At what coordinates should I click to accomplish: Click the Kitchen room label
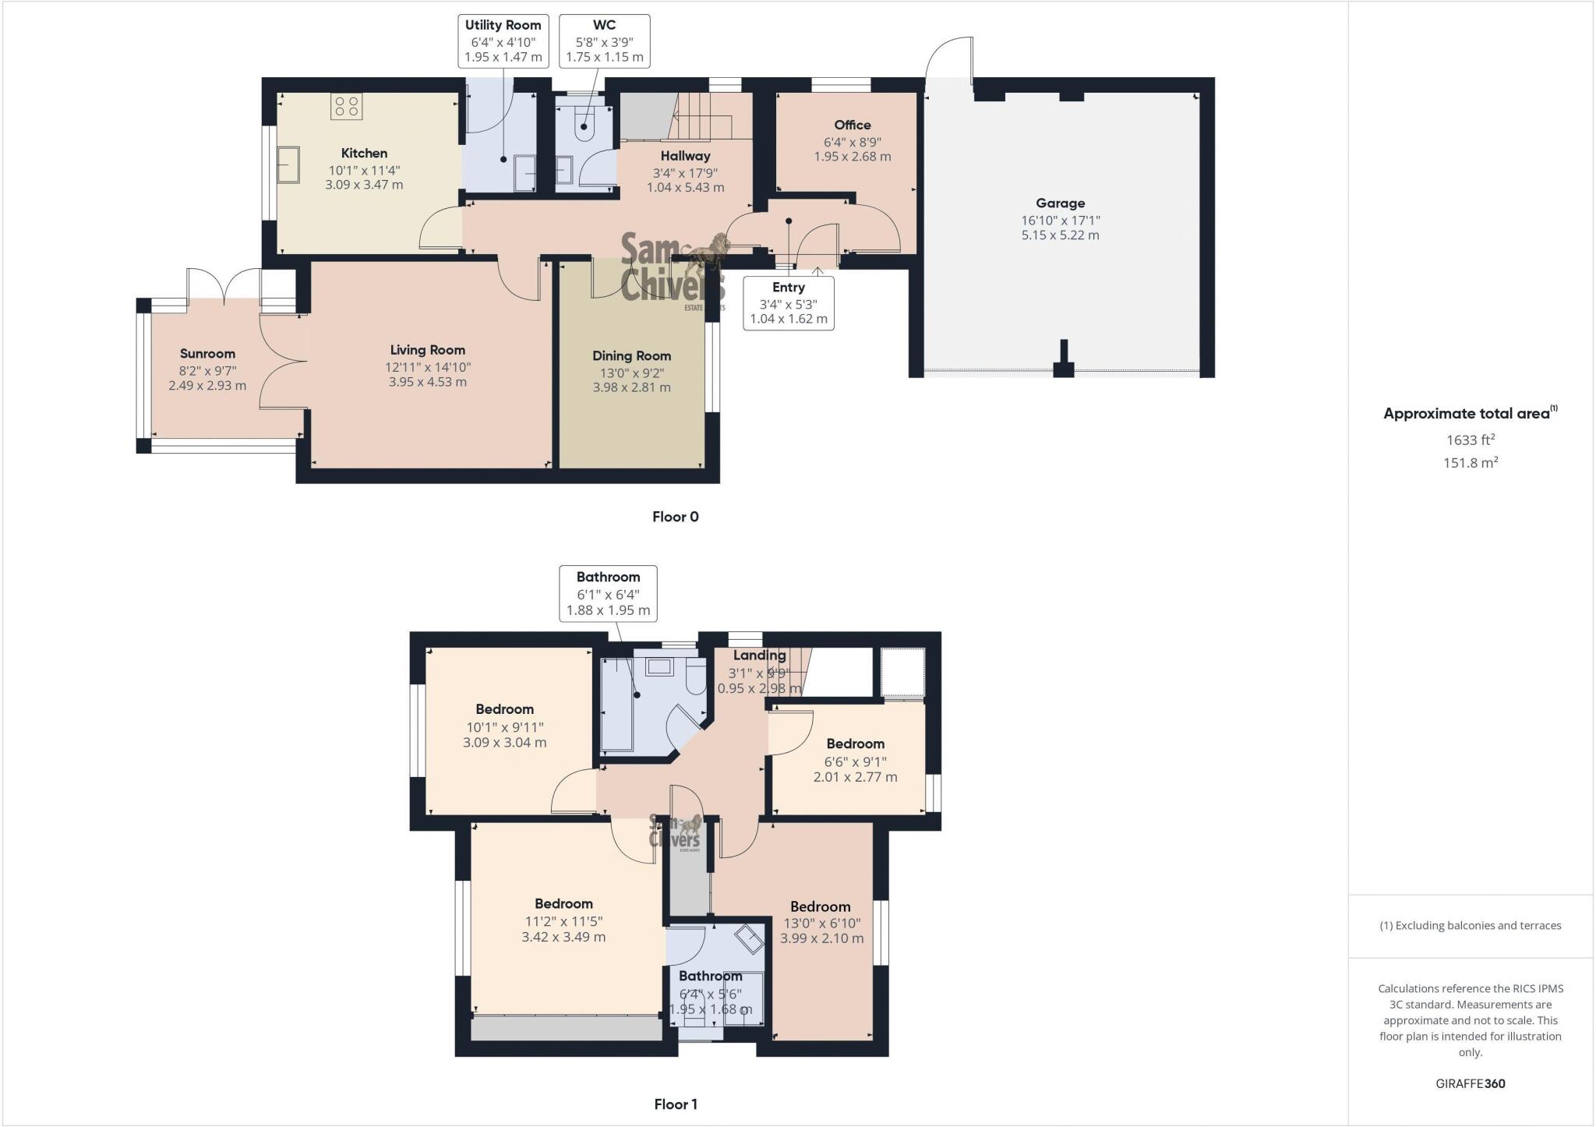click(364, 153)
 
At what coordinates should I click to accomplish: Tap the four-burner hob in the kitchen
click(346, 107)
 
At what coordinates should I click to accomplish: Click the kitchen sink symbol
click(288, 164)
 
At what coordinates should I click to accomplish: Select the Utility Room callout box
click(503, 41)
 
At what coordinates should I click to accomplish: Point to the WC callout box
click(604, 41)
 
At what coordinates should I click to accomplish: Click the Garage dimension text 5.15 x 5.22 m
click(1060, 235)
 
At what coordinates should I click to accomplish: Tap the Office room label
click(852, 125)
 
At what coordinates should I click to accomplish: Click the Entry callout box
click(788, 303)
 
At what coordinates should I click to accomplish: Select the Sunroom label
click(207, 353)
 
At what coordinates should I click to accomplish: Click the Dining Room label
click(631, 355)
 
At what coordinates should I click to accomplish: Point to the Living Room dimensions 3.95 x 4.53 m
click(427, 382)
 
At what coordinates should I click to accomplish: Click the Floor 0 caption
click(675, 517)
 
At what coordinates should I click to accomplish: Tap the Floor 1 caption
click(675, 1104)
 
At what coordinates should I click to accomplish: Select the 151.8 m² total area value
click(1470, 462)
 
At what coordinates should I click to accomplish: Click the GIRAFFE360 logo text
click(1470, 1083)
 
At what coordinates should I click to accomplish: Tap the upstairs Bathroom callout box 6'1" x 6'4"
click(608, 593)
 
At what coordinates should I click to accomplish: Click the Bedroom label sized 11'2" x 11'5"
click(563, 903)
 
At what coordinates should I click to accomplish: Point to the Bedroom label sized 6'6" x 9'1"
click(855, 744)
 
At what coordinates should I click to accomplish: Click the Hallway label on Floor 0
click(685, 156)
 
